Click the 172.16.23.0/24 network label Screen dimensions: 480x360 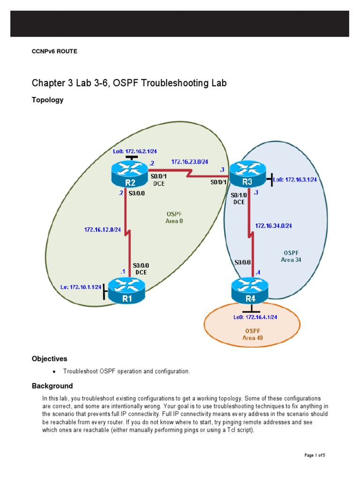189,162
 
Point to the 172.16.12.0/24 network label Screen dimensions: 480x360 102,230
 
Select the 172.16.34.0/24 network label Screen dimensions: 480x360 273,226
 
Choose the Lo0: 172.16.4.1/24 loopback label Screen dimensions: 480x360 255,317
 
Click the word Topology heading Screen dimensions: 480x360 47,100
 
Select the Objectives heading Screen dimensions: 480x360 49,359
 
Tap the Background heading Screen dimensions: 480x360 52,386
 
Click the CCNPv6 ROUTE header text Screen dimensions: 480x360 54,52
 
